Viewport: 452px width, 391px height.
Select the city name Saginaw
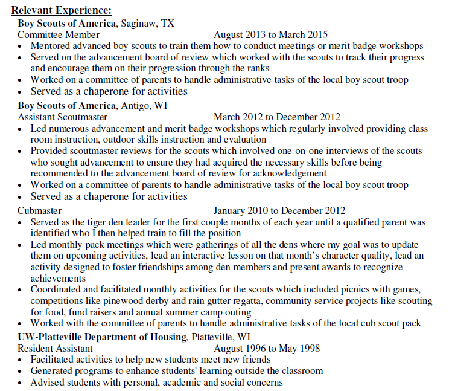click(x=138, y=24)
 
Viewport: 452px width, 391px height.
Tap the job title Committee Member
click(x=59, y=35)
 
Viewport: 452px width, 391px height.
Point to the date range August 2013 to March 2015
click(x=270, y=35)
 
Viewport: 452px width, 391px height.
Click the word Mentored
click(x=53, y=46)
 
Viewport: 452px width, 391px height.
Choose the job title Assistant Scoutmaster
click(x=63, y=117)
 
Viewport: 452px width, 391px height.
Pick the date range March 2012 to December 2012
click(x=276, y=117)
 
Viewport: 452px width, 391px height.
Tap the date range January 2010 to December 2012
click(x=279, y=211)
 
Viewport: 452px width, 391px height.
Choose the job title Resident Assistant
click(x=56, y=348)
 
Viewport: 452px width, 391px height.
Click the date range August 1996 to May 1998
click(x=267, y=348)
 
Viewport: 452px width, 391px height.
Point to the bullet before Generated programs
click(x=22, y=371)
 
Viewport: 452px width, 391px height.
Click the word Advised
click(x=48, y=382)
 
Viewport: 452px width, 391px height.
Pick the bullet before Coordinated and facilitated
click(x=22, y=290)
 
